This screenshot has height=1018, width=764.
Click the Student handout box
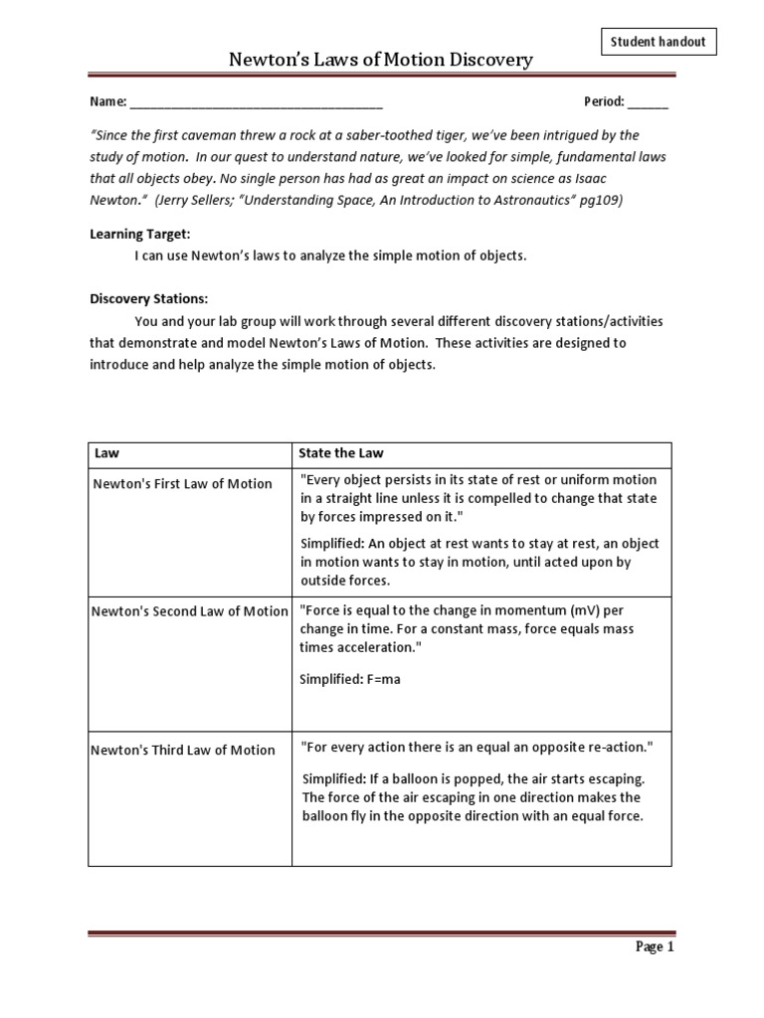click(x=659, y=42)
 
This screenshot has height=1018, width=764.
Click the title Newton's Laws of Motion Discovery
click(x=381, y=61)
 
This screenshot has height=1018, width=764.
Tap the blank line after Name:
click(x=256, y=102)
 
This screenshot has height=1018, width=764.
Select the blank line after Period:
click(x=648, y=102)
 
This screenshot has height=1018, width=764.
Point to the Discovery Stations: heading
click(x=150, y=298)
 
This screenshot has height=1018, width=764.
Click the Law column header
click(x=106, y=452)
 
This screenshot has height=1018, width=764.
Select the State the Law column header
click(x=341, y=452)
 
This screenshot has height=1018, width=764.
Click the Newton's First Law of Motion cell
click(x=182, y=483)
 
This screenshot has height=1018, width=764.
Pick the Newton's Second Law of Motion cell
click(x=189, y=611)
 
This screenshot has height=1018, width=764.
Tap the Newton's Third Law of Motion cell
click(x=183, y=750)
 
